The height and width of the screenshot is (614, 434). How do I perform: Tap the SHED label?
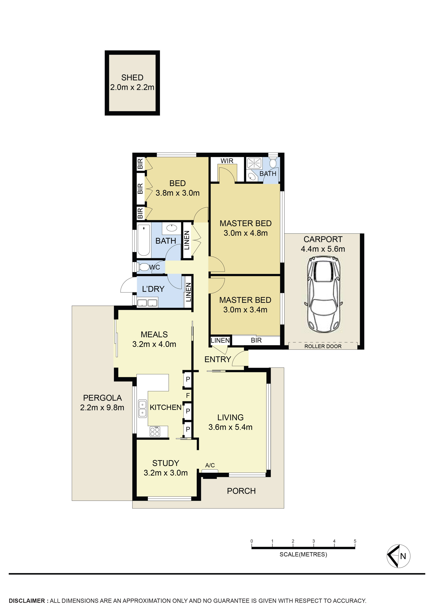132,78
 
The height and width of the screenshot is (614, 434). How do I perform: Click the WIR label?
227,161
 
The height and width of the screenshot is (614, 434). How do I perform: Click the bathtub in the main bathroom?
144,240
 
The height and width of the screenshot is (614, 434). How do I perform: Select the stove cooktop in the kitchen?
155,431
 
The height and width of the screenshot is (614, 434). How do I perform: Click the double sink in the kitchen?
142,409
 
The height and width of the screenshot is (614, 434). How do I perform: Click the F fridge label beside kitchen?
188,395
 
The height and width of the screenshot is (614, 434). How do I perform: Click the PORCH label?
241,491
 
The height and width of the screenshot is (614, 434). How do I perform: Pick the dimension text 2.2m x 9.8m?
102,407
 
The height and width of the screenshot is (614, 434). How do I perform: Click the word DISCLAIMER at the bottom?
27,601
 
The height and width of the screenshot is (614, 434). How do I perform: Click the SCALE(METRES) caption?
303,554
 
